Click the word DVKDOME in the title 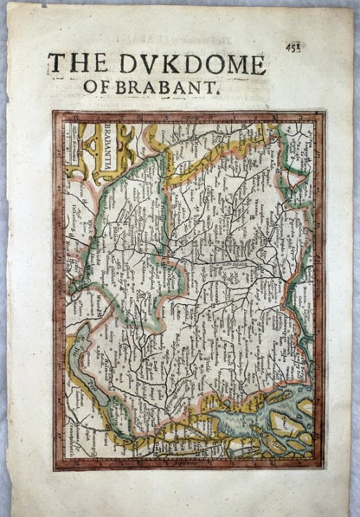[199, 64]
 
